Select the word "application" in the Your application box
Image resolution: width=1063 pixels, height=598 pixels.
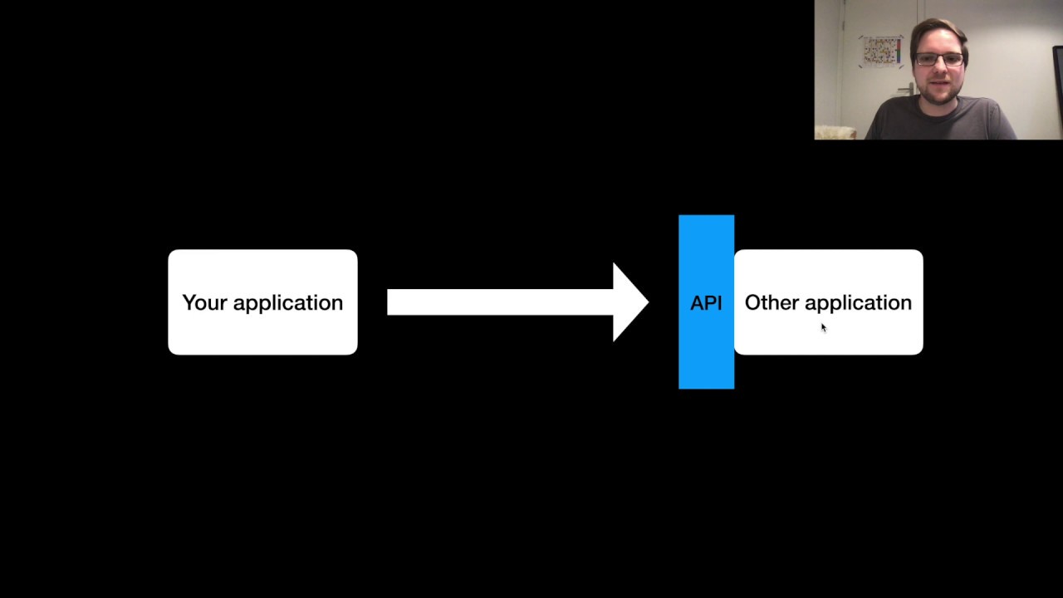pos(287,303)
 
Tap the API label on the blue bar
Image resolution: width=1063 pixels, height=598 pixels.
pos(706,303)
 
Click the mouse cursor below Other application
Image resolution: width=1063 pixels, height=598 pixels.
pos(823,327)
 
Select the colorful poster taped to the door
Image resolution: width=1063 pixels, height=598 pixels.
pos(881,51)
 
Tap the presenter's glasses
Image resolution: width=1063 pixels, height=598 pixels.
pos(939,60)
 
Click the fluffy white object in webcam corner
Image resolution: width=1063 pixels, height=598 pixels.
pos(835,132)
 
